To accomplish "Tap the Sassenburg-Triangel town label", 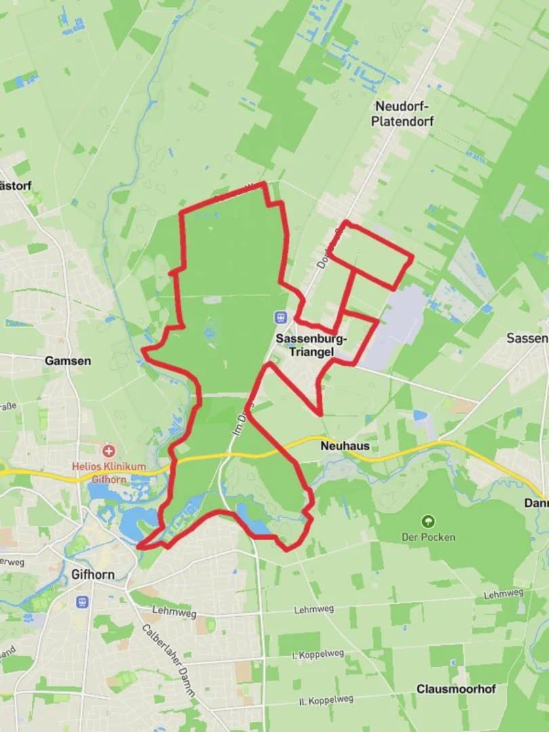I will (x=311, y=345).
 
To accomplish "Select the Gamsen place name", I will (x=67, y=361).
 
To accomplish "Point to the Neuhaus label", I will (x=345, y=447).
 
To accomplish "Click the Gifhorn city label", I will (x=92, y=575).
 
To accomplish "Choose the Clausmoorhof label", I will (x=456, y=689).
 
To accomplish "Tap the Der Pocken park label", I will (x=428, y=537).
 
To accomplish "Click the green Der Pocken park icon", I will (x=428, y=521).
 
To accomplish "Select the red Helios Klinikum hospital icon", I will (x=108, y=450).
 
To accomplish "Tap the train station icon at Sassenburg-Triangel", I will (x=280, y=317).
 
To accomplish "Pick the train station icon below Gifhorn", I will (x=83, y=601).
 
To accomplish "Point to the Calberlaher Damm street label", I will (x=169, y=660).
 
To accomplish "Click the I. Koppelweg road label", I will (x=317, y=654).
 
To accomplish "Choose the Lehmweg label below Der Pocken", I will (x=504, y=594).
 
